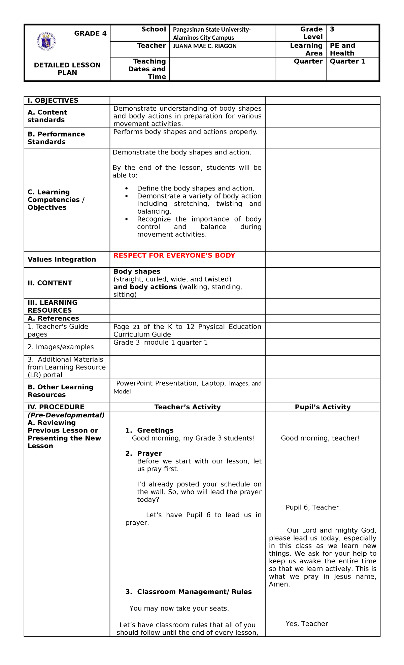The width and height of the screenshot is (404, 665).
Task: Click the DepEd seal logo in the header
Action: tap(46, 41)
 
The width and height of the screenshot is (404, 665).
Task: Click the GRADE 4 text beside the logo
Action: tap(90, 33)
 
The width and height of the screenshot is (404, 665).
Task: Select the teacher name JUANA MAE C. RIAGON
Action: tap(205, 46)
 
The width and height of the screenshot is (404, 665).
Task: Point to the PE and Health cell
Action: tap(342, 49)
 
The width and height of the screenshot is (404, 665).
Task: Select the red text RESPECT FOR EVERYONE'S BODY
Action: tap(174, 255)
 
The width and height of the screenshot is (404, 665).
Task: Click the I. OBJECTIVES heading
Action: tap(53, 100)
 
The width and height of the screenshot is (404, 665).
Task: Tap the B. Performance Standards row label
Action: tap(56, 138)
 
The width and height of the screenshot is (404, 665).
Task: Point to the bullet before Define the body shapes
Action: tap(127, 189)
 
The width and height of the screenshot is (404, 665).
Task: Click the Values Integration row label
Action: tap(62, 259)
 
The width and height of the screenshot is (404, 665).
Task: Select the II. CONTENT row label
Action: tap(50, 283)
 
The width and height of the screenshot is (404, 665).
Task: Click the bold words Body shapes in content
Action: tap(137, 272)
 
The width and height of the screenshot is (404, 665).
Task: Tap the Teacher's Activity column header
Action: tap(188, 407)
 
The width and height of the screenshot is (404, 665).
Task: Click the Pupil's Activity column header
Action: tap(323, 407)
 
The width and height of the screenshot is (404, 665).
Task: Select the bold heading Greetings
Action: tap(155, 430)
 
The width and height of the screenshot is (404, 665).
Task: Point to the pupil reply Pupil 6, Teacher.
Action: tap(313, 508)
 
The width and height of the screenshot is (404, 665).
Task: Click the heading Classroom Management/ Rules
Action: tap(194, 592)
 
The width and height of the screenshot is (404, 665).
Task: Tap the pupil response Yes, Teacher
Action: tap(307, 624)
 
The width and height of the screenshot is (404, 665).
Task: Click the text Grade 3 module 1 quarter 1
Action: tap(160, 343)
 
